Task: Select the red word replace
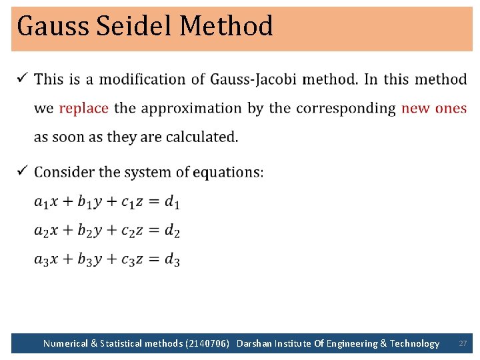[x=84, y=108]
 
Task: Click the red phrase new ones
[x=434, y=108]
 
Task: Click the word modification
[x=152, y=79]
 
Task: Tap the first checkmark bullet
[x=21, y=79]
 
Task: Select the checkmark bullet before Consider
[x=21, y=171]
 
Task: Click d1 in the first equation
[x=172, y=201]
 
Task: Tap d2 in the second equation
[x=172, y=231]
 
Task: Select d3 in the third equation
[x=172, y=259]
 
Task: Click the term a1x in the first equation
[x=46, y=201]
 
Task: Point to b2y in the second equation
[x=89, y=231]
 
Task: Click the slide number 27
[x=463, y=343]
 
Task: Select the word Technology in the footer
[x=414, y=343]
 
